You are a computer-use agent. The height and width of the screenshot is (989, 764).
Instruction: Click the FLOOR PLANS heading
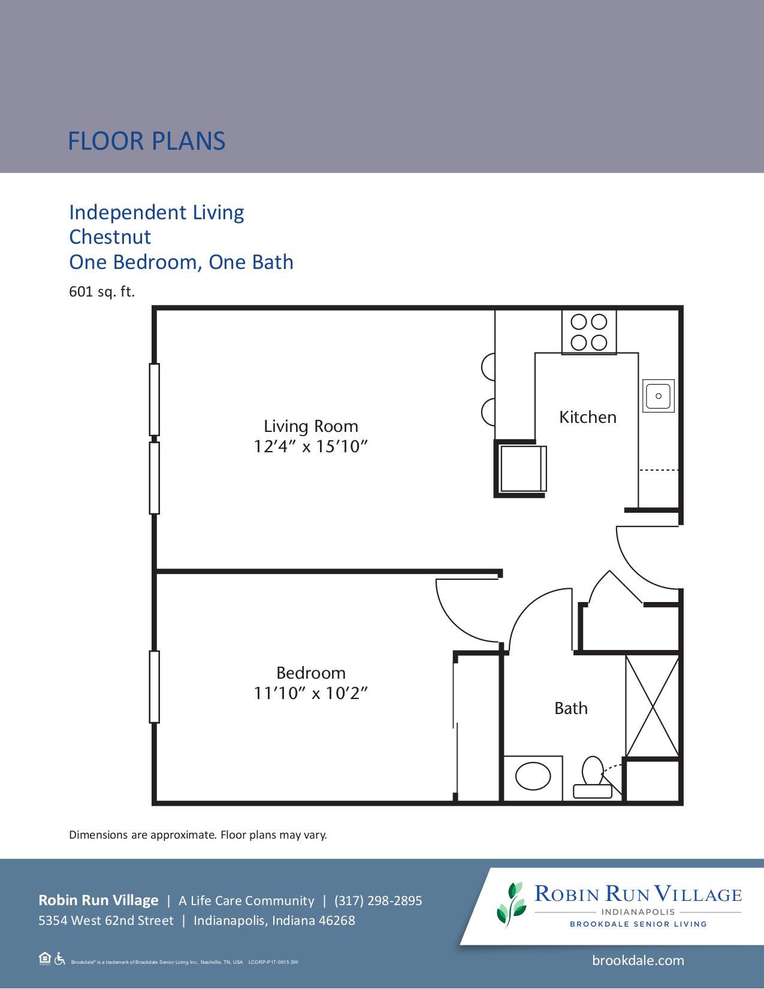click(x=146, y=141)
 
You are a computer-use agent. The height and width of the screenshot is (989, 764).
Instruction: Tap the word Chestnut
click(x=110, y=237)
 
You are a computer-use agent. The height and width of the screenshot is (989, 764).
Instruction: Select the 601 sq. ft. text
click(x=102, y=292)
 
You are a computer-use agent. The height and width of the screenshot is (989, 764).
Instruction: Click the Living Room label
click(x=310, y=426)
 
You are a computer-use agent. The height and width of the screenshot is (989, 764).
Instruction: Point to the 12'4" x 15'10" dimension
click(x=310, y=446)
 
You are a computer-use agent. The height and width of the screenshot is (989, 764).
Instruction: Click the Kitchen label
click(x=587, y=417)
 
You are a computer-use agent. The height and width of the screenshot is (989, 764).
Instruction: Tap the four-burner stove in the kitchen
click(x=588, y=332)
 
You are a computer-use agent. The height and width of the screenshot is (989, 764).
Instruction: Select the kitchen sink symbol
click(x=658, y=395)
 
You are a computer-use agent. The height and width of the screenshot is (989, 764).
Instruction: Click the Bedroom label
click(x=310, y=673)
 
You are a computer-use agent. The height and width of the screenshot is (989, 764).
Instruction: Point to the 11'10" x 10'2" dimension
click(x=310, y=693)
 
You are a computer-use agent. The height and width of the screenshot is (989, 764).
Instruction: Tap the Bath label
click(x=570, y=708)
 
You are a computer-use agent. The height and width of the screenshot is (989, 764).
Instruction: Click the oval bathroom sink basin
click(x=533, y=776)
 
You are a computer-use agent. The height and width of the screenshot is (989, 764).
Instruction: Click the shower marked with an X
click(x=652, y=706)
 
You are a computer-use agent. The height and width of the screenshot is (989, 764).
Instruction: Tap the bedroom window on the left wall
click(x=155, y=686)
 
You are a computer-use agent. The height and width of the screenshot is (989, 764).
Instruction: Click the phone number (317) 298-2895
click(x=378, y=900)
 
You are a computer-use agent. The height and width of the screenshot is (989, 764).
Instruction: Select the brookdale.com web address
click(x=638, y=960)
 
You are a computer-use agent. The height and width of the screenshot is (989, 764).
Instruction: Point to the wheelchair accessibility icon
click(x=59, y=958)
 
